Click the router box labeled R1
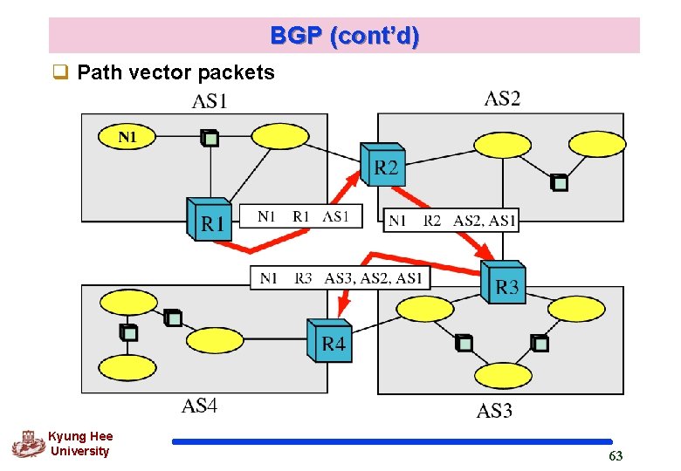click(210, 219)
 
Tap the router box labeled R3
click(504, 282)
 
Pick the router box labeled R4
click(331, 339)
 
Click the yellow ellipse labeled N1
click(127, 137)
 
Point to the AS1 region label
click(210, 102)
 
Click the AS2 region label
click(502, 99)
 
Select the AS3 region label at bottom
click(494, 411)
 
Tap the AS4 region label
click(199, 406)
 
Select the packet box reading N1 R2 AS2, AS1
click(451, 221)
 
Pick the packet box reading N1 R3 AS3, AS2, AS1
click(340, 278)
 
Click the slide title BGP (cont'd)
click(344, 36)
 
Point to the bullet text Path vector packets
click(175, 72)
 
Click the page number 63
click(616, 456)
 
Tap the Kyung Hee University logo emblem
click(28, 444)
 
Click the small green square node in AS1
click(209, 137)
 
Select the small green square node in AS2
click(560, 182)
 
